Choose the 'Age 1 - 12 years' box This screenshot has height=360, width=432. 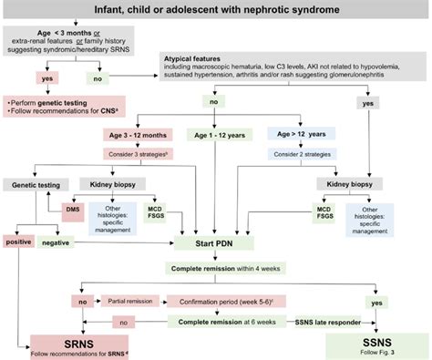(217, 135)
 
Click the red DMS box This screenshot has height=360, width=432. (74, 209)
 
